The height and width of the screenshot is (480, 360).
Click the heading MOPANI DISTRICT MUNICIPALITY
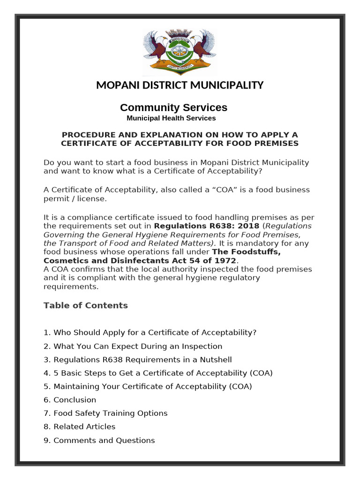[x=180, y=85]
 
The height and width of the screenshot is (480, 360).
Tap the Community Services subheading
[x=173, y=107]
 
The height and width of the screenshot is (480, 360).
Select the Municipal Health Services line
[x=171, y=118]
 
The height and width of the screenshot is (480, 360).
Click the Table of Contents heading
[x=85, y=306]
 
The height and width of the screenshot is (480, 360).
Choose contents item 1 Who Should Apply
[x=150, y=333]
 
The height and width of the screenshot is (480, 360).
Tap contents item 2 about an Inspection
[x=133, y=346]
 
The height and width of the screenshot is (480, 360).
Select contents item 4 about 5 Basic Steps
[x=158, y=373]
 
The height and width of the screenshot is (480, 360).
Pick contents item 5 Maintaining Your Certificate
[x=148, y=387]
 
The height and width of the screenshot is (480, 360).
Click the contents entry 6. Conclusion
[x=70, y=400]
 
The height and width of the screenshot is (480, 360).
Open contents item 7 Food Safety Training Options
[x=105, y=413]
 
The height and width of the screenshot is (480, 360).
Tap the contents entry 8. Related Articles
[x=79, y=427]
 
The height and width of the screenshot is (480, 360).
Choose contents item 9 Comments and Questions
[x=99, y=441]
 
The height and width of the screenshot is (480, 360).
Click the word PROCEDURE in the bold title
[x=85, y=135]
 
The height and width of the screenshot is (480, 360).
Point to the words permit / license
[x=75, y=199]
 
